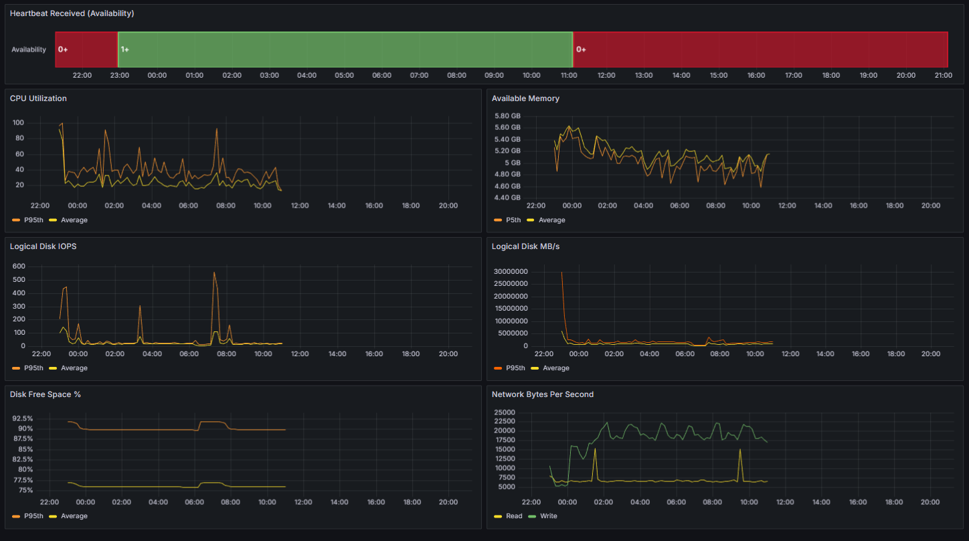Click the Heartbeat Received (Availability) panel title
tap(72, 13)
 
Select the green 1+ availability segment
tap(345, 50)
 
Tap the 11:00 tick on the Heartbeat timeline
tap(569, 75)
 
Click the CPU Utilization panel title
tap(38, 98)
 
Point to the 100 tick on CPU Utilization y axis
tap(18, 123)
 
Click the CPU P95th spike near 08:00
tap(217, 129)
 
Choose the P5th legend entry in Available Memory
tap(507, 220)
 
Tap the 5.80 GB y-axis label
tap(507, 116)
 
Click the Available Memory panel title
tap(525, 98)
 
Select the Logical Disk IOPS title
tap(43, 246)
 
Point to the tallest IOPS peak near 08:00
tap(214, 273)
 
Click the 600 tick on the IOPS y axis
tap(19, 266)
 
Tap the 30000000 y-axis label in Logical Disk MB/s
tap(511, 271)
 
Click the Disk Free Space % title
tap(45, 394)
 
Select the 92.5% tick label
tap(23, 418)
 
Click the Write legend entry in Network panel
tap(543, 516)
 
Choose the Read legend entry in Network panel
tap(508, 516)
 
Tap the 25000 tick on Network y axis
tap(505, 412)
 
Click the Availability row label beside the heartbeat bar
tap(29, 50)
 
